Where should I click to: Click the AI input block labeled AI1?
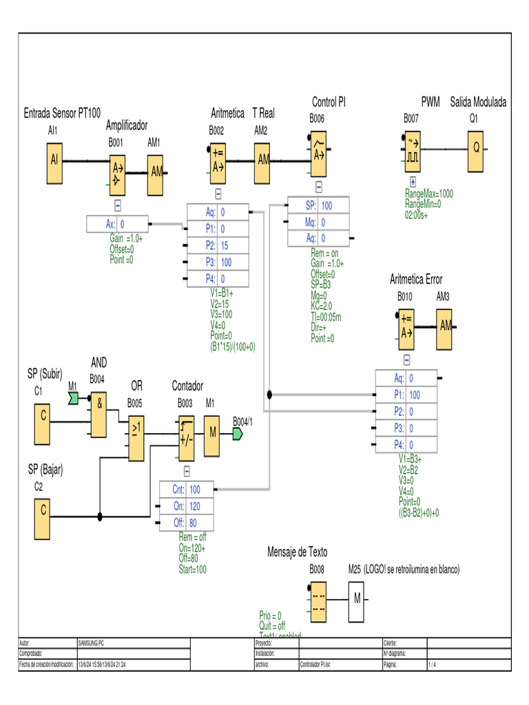(54, 159)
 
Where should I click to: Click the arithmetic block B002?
(218, 160)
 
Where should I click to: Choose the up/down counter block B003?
(186, 439)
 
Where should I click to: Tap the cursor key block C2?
(43, 511)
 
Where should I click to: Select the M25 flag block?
(357, 599)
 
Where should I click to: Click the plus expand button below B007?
(413, 182)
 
